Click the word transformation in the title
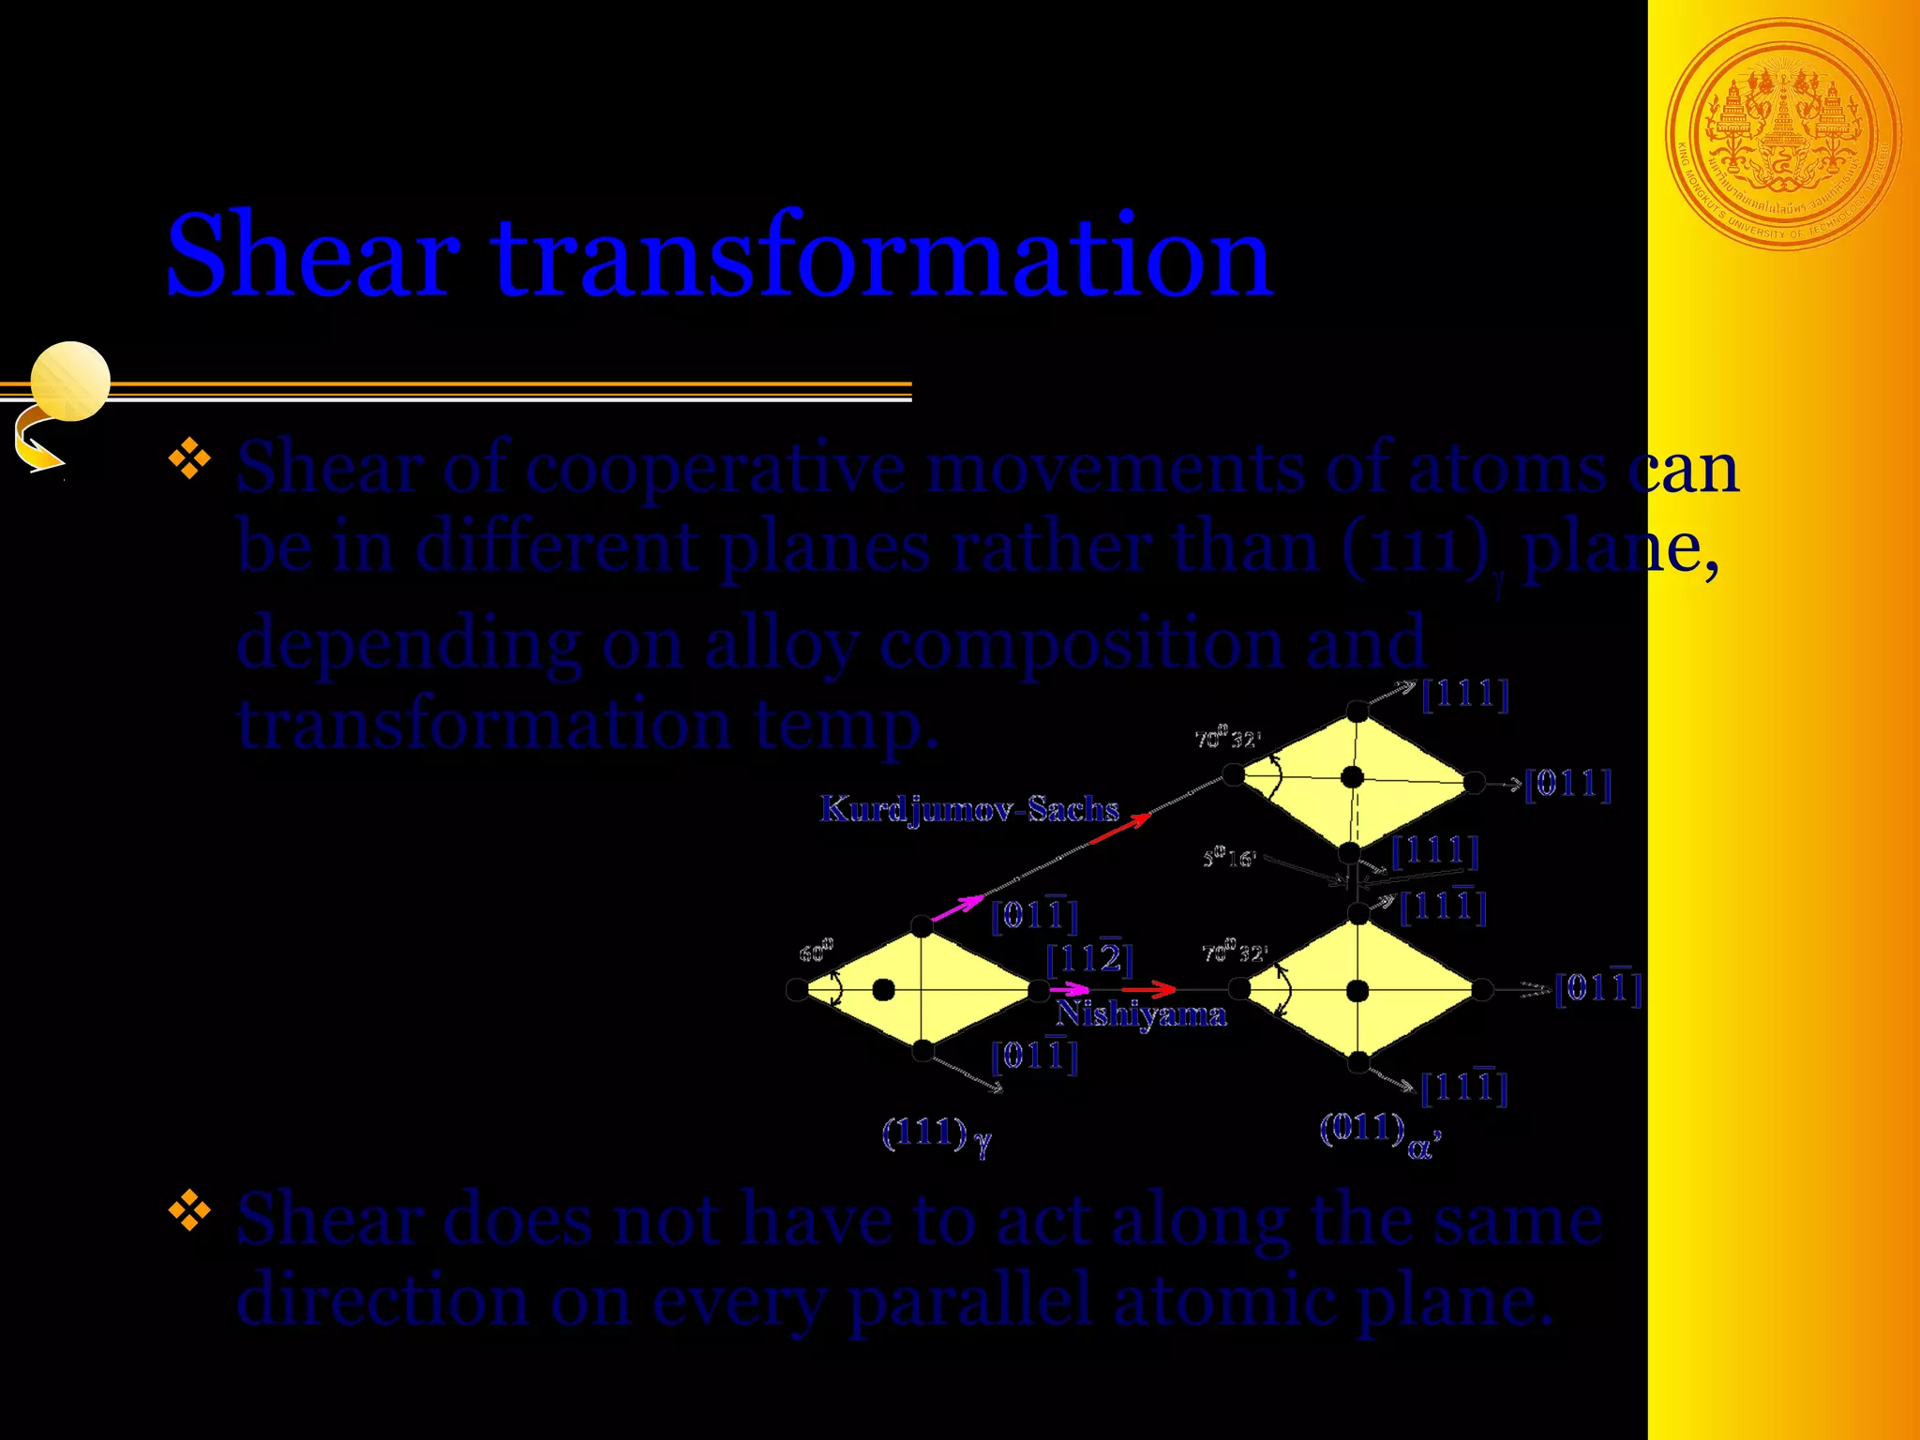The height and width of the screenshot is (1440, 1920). pos(882,256)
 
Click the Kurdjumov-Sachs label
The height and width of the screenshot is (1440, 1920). pos(969,809)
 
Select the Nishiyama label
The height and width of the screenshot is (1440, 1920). pos(1141,1014)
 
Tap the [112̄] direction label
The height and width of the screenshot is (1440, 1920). pos(1089,958)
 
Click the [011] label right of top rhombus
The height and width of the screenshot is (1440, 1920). pos(1567,784)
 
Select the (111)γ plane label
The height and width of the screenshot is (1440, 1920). pos(936,1134)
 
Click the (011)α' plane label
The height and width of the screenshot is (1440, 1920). pos(1379,1132)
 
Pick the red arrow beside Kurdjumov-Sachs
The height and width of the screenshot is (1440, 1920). pos(1121,829)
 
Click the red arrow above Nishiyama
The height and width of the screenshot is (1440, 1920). pos(1149,989)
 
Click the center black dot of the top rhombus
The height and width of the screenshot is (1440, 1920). pos(1352,777)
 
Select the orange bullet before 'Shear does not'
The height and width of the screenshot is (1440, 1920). pos(189,1210)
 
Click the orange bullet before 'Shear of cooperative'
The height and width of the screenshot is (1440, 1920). pos(189,458)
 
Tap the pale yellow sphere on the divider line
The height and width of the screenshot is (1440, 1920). pos(70,381)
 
